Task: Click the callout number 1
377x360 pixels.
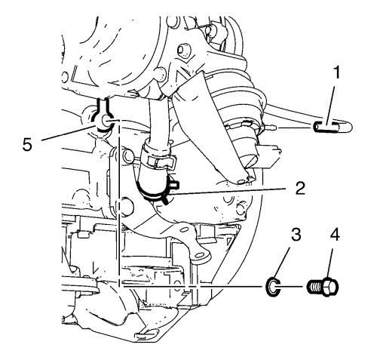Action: pyautogui.click(x=336, y=72)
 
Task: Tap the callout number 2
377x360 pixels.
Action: pyautogui.click(x=300, y=188)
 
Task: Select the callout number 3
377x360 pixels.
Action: pyautogui.click(x=296, y=235)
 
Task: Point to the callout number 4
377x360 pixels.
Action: pyautogui.click(x=334, y=235)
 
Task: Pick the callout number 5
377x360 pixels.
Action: pyautogui.click(x=27, y=144)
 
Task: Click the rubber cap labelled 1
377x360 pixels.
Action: pyautogui.click(x=333, y=127)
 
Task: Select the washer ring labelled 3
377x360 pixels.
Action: pyautogui.click(x=273, y=287)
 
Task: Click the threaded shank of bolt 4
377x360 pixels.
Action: pyautogui.click(x=315, y=287)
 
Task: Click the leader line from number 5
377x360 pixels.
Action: pyautogui.click(x=69, y=133)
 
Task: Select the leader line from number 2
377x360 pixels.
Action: pyautogui.click(x=229, y=191)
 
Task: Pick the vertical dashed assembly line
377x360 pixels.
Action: pyautogui.click(x=118, y=204)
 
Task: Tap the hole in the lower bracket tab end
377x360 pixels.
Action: pyautogui.click(x=199, y=256)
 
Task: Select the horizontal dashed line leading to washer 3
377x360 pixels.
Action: pyautogui.click(x=191, y=287)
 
